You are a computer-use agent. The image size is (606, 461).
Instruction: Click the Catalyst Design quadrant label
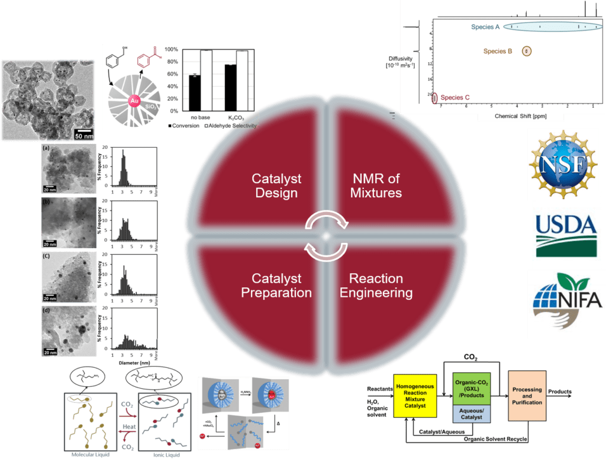(x=276, y=185)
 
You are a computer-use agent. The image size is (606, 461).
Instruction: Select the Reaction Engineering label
(x=376, y=285)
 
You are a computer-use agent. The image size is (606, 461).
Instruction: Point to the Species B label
(x=498, y=52)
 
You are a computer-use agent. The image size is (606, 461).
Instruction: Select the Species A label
(x=486, y=27)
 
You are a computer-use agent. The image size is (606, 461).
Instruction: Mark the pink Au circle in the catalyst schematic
(x=134, y=102)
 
